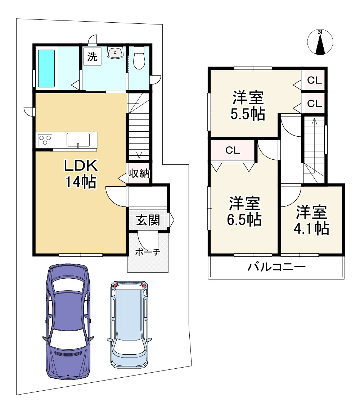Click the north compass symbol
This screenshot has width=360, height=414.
click(320, 42)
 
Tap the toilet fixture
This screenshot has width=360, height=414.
click(139, 58)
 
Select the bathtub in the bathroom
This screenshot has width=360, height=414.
click(46, 68)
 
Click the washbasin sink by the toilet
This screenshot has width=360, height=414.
click(115, 52)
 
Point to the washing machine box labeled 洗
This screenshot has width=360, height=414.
click(92, 56)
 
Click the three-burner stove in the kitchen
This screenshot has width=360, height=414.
click(45, 140)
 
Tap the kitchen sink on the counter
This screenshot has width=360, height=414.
click(78, 140)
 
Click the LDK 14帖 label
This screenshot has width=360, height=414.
click(81, 174)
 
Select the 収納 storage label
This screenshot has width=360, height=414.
click(139, 173)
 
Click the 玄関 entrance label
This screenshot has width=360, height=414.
click(148, 220)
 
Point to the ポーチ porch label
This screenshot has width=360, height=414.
click(148, 252)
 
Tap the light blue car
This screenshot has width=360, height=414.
click(129, 324)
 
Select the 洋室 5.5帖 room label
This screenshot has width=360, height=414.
click(248, 106)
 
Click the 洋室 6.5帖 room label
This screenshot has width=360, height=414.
click(244, 211)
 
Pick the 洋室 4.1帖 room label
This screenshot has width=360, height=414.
click(312, 220)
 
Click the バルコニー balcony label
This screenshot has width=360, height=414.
click(276, 267)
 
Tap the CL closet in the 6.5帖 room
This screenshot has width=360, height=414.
click(233, 150)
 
